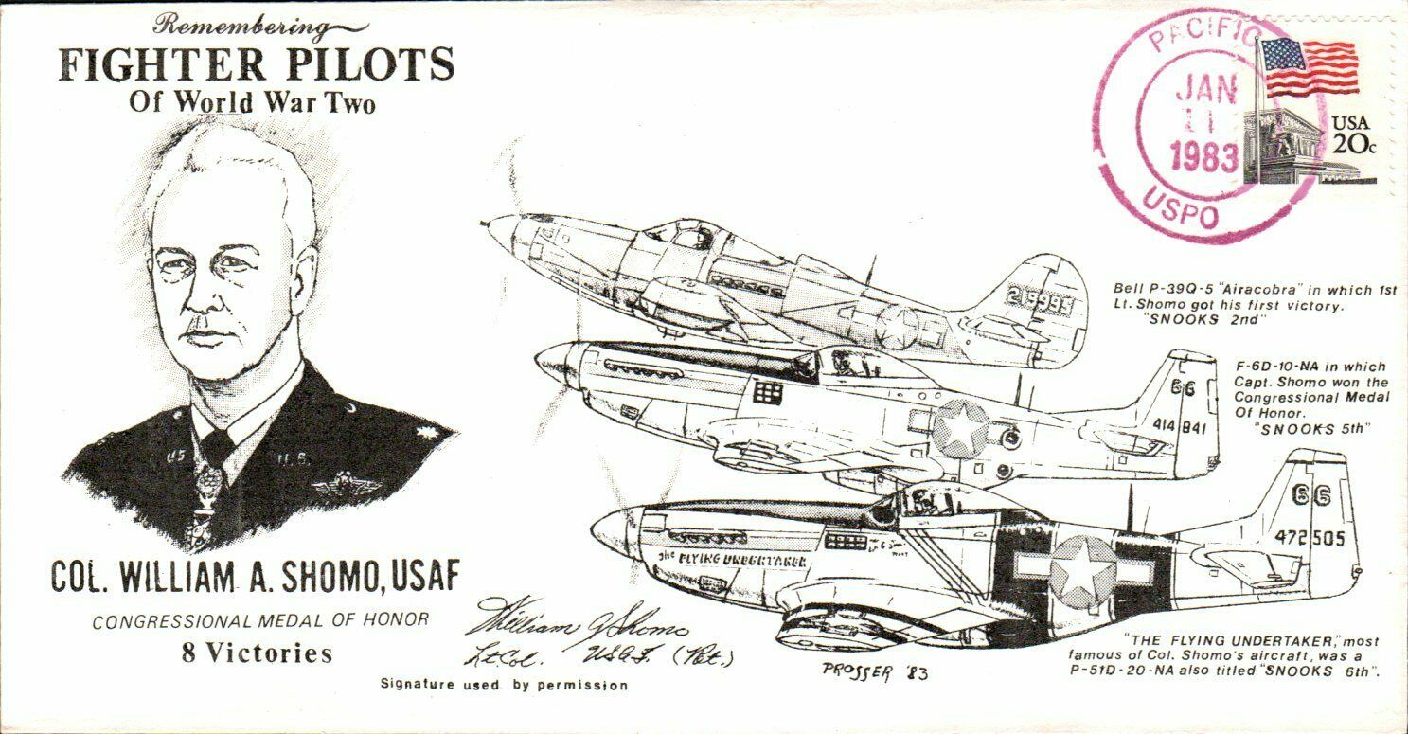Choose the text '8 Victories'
(258, 653)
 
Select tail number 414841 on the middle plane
(1179, 426)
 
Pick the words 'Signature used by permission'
(504, 684)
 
